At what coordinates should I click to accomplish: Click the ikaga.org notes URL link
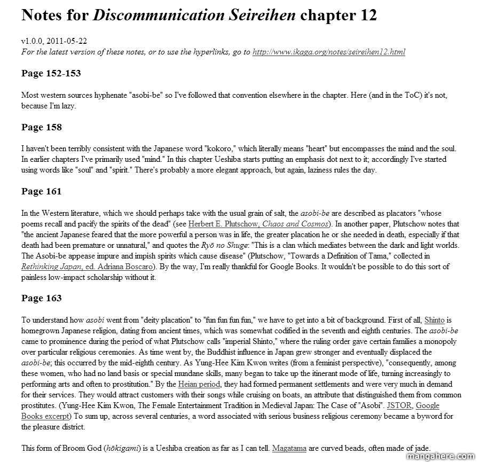pyautogui.click(x=328, y=52)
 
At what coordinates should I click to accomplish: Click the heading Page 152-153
pyautogui.click(x=51, y=73)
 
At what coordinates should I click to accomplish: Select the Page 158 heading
pyautogui.click(x=42, y=127)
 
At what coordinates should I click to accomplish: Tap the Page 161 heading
pyautogui.click(x=42, y=191)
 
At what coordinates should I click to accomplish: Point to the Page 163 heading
pyautogui.click(x=42, y=298)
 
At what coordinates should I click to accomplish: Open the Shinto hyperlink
pyautogui.click(x=434, y=320)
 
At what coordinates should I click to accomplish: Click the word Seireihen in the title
pyautogui.click(x=261, y=15)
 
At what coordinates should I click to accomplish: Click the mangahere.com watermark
pyautogui.click(x=441, y=456)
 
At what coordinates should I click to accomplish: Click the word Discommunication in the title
pyautogui.click(x=159, y=15)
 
